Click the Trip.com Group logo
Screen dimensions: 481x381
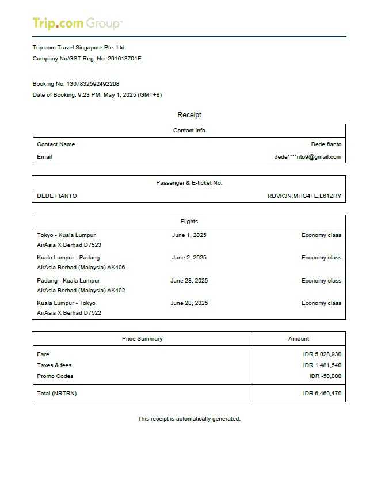77,24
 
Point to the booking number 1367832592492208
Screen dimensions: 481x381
93,84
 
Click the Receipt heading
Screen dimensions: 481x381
189,115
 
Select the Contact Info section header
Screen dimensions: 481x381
189,131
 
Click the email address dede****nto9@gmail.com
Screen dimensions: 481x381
307,157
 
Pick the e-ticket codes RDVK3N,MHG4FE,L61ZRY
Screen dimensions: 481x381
304,196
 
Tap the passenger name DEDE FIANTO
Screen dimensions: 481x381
57,196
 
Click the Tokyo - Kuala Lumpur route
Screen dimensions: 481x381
66,235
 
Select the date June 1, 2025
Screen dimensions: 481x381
189,235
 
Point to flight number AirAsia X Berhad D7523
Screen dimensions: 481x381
69,245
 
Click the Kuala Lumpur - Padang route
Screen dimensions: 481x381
68,258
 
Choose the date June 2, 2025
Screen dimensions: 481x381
189,258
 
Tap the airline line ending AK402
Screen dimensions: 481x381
81,291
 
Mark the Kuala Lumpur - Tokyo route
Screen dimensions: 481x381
66,303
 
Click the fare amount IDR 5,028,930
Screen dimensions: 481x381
322,354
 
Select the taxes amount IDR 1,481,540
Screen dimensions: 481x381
322,365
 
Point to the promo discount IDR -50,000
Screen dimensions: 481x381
325,376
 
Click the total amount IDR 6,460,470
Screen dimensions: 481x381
322,394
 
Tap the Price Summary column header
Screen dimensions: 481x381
142,339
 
